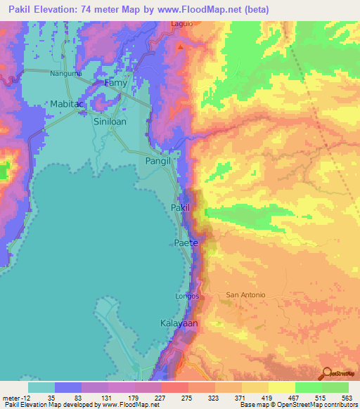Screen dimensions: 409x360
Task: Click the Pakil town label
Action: click(181, 208)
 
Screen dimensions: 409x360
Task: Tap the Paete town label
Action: click(186, 242)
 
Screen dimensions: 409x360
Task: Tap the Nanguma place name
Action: click(66, 73)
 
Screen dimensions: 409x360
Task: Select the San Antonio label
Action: click(245, 294)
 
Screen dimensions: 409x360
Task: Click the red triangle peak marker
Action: click(181, 47)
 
